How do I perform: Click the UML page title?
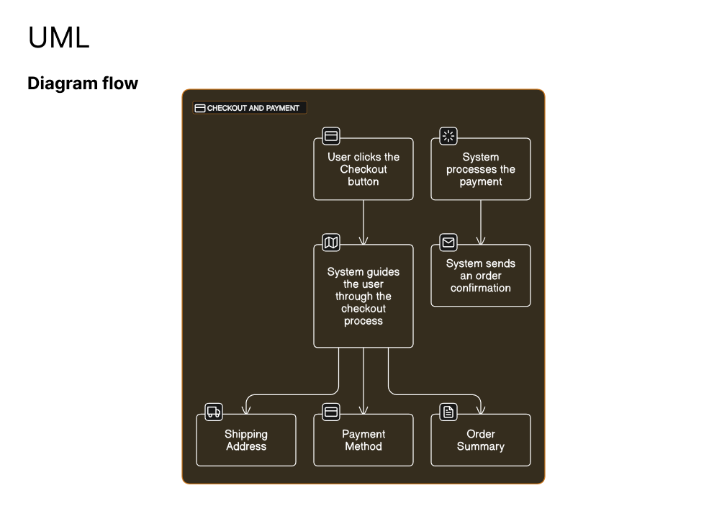click(58, 37)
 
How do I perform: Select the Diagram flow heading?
click(83, 83)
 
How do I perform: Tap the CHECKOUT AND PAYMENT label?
click(253, 108)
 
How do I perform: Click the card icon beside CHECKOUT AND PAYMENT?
click(200, 108)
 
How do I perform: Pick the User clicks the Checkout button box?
click(363, 169)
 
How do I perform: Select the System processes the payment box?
click(481, 169)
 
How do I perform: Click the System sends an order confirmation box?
click(481, 276)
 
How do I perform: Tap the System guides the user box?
click(363, 296)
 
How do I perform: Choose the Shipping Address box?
click(246, 440)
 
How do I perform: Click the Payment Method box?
click(363, 440)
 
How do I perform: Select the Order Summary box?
click(481, 440)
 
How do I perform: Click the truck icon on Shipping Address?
click(214, 412)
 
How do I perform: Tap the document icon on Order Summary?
click(448, 412)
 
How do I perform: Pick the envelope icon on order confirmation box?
click(448, 242)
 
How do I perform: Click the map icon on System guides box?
click(331, 242)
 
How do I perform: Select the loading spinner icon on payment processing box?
click(448, 136)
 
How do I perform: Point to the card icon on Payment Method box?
click(331, 412)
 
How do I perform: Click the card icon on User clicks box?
click(331, 136)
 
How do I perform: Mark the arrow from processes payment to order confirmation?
click(481, 222)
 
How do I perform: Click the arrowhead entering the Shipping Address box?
click(246, 410)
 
